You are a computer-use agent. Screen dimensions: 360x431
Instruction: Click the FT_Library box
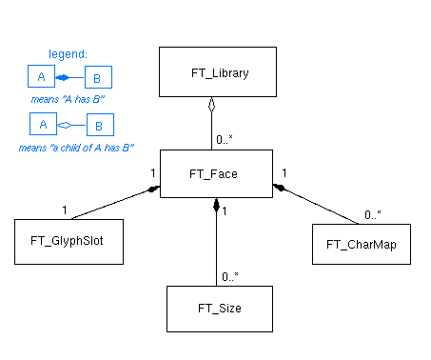pyautogui.click(x=217, y=71)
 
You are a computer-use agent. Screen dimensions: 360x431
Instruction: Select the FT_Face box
pyautogui.click(x=217, y=173)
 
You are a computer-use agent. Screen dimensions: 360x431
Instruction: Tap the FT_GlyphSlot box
pyautogui.click(x=72, y=241)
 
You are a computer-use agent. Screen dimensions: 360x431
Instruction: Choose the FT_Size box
pyautogui.click(x=217, y=308)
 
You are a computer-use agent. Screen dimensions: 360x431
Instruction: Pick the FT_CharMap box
pyautogui.click(x=361, y=244)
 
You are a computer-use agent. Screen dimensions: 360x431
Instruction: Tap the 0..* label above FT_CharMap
pyautogui.click(x=374, y=214)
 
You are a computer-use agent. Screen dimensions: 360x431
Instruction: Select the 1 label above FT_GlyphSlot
pyautogui.click(x=65, y=210)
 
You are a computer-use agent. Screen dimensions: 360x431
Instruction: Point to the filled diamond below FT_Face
pyautogui.click(x=217, y=204)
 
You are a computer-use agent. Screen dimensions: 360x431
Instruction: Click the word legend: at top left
pyautogui.click(x=69, y=53)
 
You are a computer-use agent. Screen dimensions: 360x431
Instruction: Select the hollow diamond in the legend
pyautogui.click(x=63, y=125)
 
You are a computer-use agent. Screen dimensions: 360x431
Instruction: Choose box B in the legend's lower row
pyautogui.click(x=100, y=125)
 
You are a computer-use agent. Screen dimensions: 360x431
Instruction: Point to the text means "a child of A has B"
pyautogui.click(x=75, y=148)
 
